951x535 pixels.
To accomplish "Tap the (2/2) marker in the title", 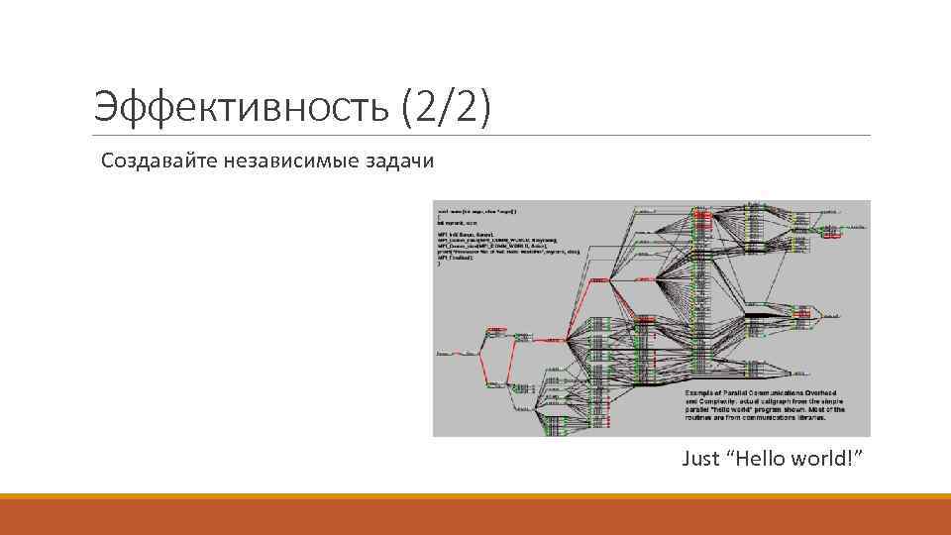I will [447, 105].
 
